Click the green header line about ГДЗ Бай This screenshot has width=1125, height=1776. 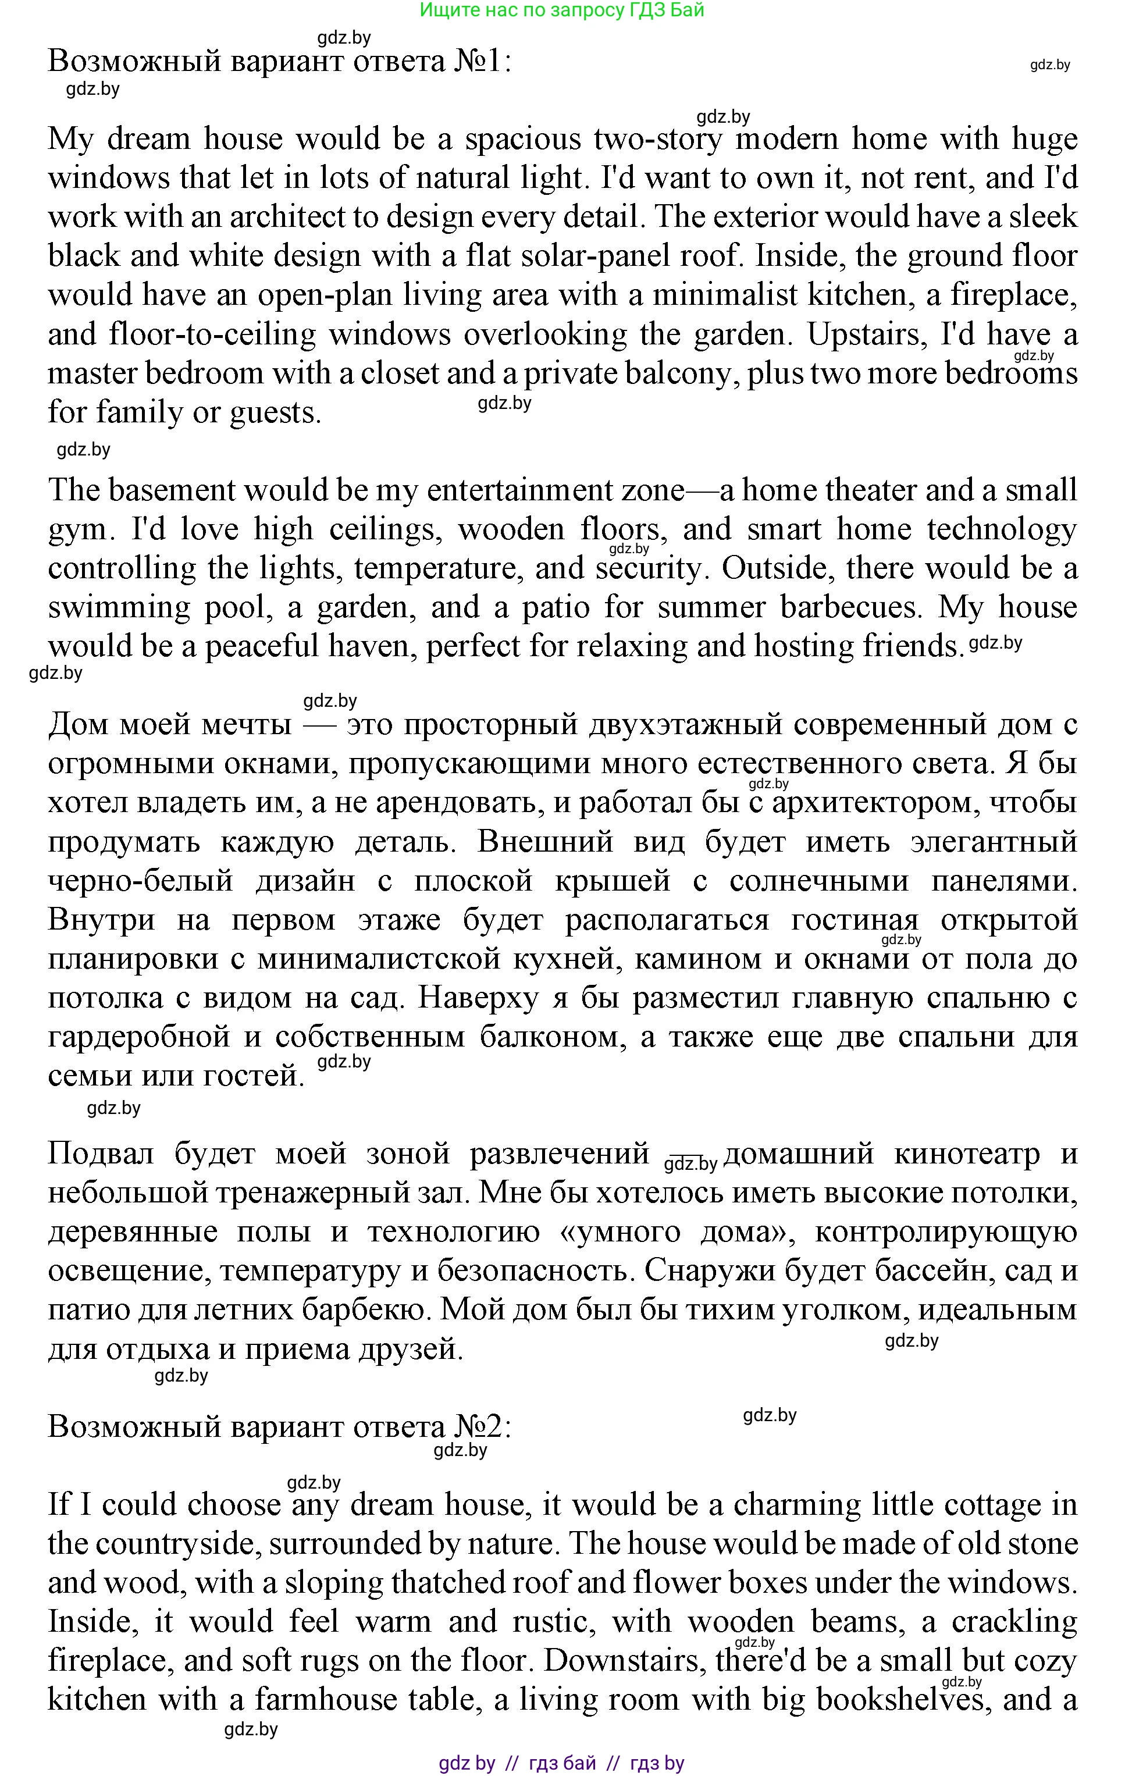coord(562,10)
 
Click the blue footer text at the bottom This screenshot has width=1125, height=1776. coord(561,1763)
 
